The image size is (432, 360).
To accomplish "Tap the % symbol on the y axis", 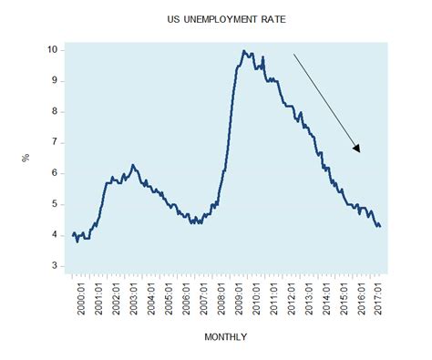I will tap(26, 157).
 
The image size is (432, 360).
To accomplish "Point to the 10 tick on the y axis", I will tap(54, 49).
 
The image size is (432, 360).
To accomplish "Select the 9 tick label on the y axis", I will tap(57, 80).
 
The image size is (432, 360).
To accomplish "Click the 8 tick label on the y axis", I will tap(57, 111).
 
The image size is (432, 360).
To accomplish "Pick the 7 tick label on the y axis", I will tap(57, 142).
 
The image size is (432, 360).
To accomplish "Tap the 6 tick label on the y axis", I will tap(57, 173).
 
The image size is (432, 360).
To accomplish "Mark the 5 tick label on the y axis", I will tap(57, 204).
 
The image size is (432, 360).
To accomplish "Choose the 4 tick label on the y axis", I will tap(57, 235).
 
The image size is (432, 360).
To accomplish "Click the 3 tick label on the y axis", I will tap(57, 266).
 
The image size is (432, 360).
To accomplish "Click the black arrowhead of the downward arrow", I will tap(357, 148).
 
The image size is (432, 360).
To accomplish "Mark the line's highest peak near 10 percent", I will tap(243, 51).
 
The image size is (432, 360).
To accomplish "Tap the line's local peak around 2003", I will tap(133, 165).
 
